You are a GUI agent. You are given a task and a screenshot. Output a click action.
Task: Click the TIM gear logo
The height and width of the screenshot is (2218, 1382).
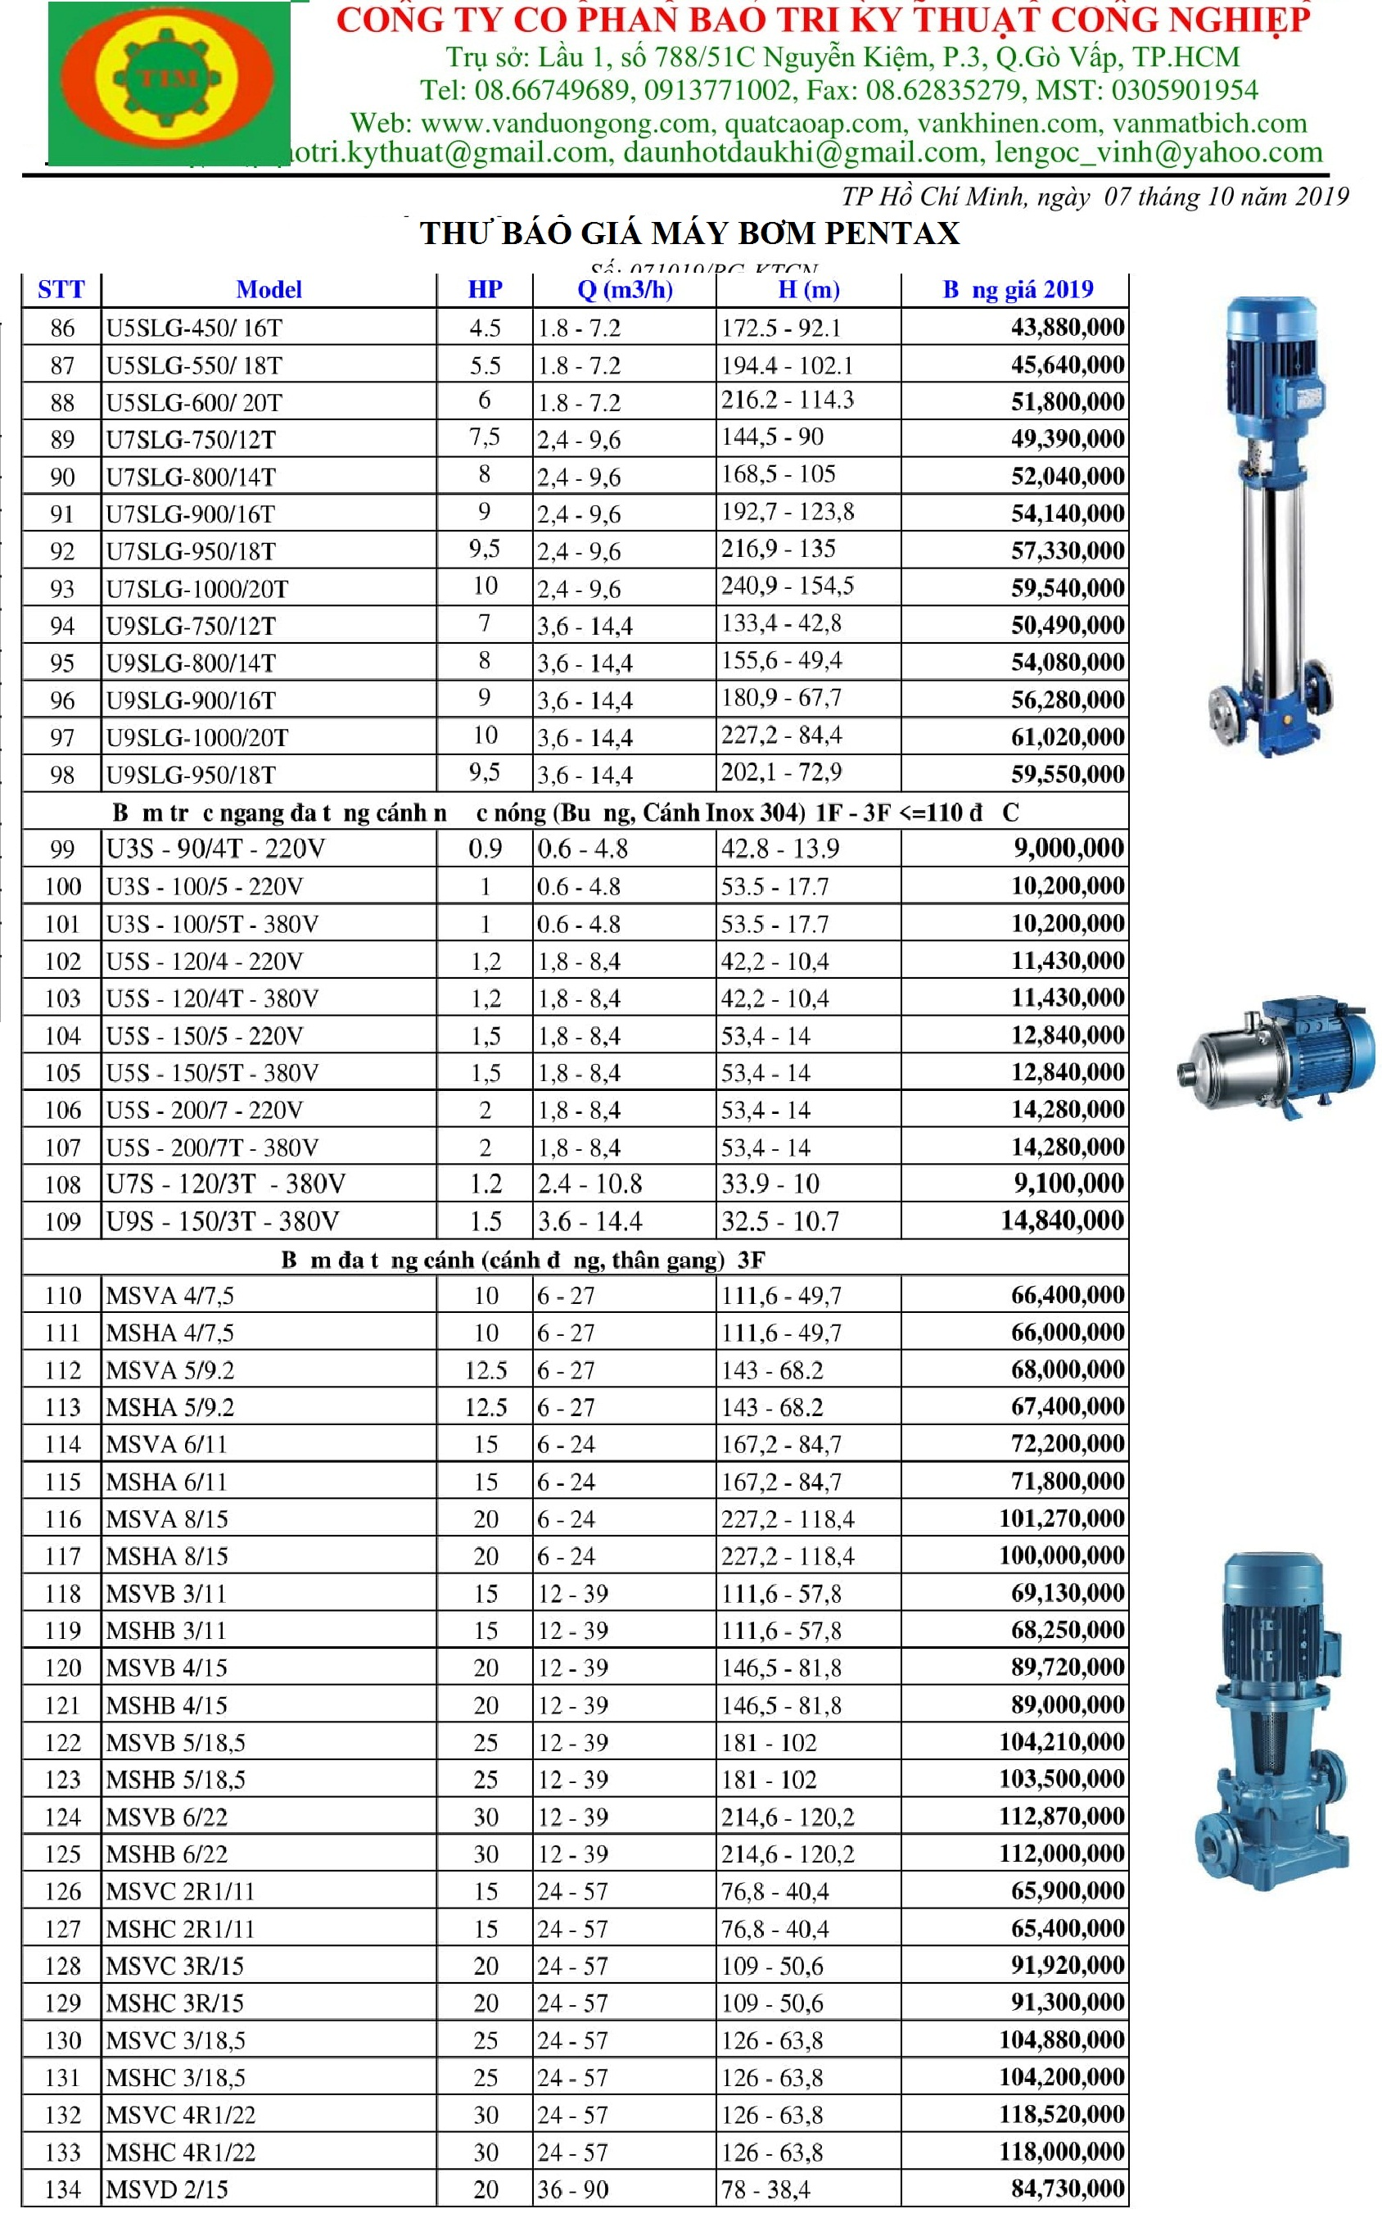tap(170, 79)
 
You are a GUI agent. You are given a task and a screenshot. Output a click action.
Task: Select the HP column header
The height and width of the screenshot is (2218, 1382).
tap(485, 290)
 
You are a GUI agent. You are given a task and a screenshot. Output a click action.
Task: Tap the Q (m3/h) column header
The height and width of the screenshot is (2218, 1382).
tap(625, 290)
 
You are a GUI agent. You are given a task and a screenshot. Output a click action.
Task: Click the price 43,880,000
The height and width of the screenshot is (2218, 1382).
tap(1067, 328)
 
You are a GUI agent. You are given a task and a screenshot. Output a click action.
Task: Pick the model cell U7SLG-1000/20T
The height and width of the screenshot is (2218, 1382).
tap(196, 589)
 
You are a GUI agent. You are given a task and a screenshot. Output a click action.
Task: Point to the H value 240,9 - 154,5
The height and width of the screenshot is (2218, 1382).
tap(787, 586)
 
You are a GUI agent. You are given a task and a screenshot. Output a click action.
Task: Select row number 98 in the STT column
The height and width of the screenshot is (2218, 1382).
tap(62, 776)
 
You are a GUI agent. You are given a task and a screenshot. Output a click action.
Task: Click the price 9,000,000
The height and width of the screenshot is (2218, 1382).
tap(1068, 849)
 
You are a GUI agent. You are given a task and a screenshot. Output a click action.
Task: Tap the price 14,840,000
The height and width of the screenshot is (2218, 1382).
tap(1061, 1220)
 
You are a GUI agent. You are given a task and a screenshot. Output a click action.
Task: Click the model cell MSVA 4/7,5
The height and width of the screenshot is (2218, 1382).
tap(170, 1296)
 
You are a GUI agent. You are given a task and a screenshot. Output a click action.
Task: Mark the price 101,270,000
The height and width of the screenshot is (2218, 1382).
tap(1060, 1519)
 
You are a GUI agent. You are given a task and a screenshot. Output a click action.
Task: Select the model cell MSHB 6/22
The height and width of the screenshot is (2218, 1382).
tap(166, 1854)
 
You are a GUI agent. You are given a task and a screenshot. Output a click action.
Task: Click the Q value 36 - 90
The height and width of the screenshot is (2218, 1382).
tap(572, 2189)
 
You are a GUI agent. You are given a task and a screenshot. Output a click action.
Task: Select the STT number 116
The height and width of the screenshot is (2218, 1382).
tap(63, 1519)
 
